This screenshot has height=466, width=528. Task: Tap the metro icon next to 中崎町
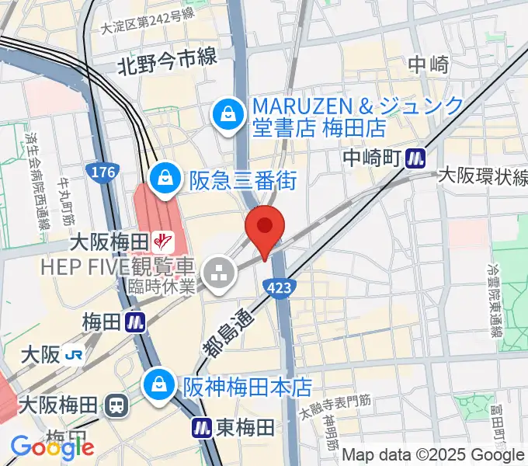pos(417,158)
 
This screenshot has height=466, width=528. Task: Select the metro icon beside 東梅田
pos(203,426)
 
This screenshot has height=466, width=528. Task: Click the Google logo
pos(52,447)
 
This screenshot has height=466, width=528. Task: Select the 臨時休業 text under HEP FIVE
pos(164,287)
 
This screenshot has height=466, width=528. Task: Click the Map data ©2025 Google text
pos(433,455)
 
